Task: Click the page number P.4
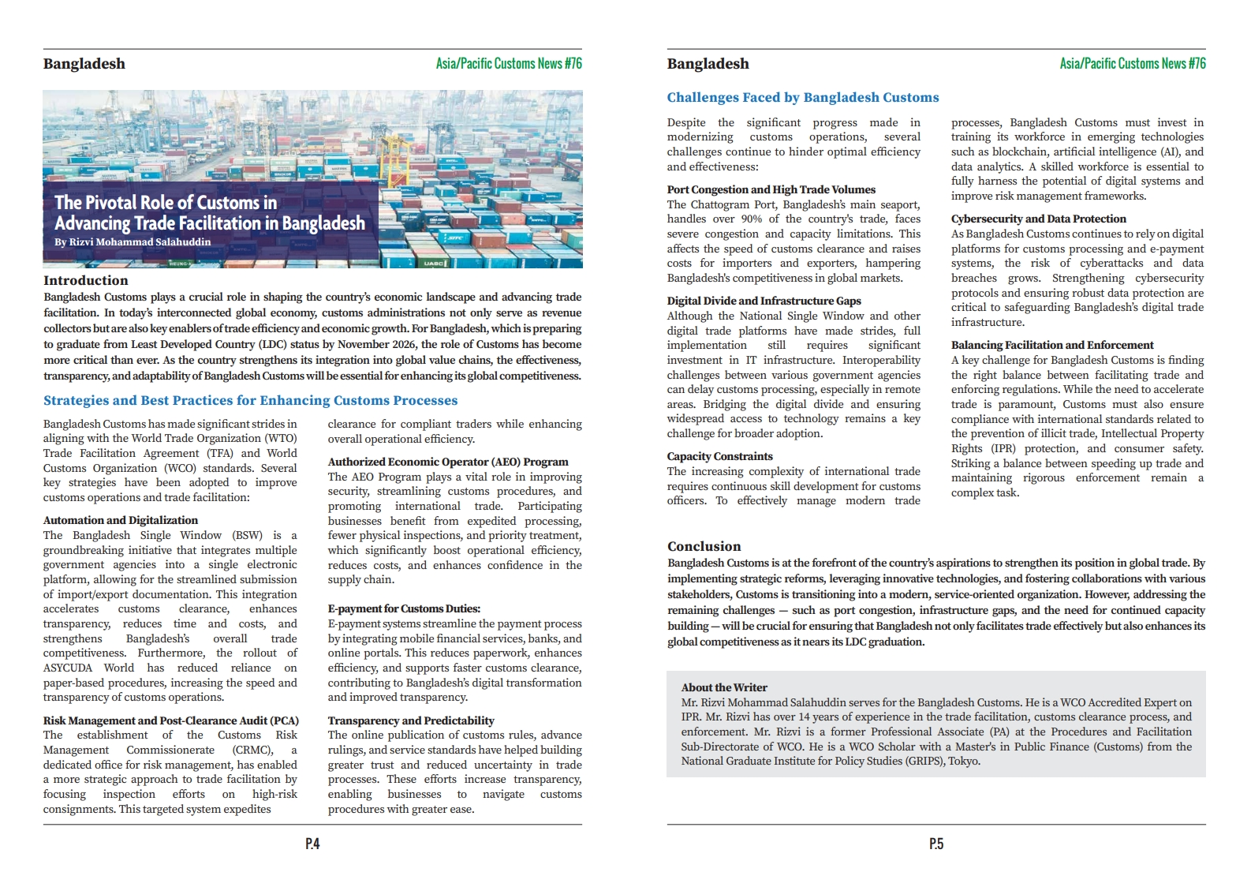[x=312, y=844]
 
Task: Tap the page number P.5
[x=935, y=844]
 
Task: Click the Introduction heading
[x=85, y=280]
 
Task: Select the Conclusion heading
[x=704, y=546]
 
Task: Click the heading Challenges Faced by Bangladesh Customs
[x=802, y=97]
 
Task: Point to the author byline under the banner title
[x=133, y=242]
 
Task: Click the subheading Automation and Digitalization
[x=121, y=520]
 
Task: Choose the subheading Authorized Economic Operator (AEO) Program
[x=447, y=462]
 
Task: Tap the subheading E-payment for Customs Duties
[x=404, y=608]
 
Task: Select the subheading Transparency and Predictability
[x=411, y=720]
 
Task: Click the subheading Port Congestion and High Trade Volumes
[x=771, y=189]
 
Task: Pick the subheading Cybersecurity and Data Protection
[x=1038, y=219]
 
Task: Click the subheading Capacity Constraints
[x=719, y=456]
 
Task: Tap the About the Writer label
[x=723, y=687]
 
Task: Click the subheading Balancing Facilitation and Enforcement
[x=1051, y=345]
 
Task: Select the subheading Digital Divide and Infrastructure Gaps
[x=764, y=301]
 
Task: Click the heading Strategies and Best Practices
[x=250, y=400]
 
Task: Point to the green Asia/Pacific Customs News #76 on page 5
[x=1132, y=63]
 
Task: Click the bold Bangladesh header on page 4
[x=84, y=64]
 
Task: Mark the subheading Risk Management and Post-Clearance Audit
[x=170, y=720]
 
